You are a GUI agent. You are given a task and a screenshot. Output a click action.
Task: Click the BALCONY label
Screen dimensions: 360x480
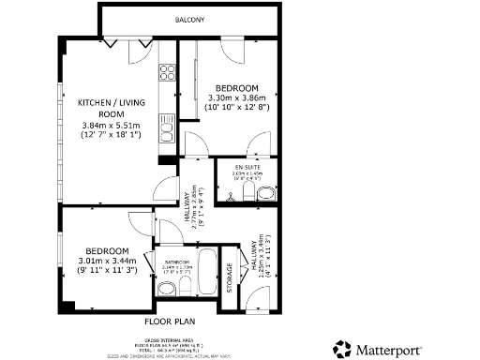[x=189, y=20]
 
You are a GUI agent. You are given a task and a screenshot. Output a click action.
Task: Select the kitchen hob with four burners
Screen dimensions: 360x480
[x=167, y=71]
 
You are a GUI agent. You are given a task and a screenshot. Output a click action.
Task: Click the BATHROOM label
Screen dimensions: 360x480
[x=177, y=262]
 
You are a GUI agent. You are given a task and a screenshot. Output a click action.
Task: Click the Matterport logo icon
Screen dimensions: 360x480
[x=343, y=348]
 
